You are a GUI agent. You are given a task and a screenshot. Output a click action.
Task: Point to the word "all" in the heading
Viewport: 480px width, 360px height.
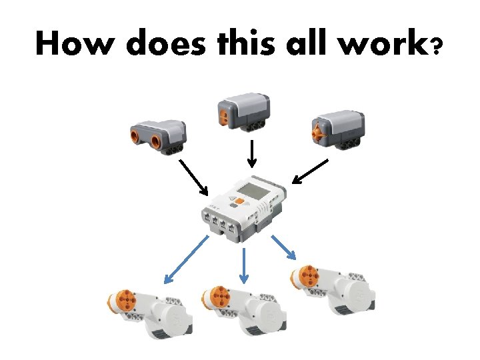click(307, 44)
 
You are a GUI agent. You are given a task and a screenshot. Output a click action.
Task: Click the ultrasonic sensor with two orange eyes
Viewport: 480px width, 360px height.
click(156, 134)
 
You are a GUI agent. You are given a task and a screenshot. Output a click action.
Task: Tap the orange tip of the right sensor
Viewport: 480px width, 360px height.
click(319, 129)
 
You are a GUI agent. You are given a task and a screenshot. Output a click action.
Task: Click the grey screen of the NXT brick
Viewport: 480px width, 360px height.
click(255, 191)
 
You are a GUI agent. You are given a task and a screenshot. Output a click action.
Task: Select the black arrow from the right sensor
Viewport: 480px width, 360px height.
click(311, 171)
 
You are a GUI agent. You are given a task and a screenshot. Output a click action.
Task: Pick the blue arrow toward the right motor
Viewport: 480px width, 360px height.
click(283, 247)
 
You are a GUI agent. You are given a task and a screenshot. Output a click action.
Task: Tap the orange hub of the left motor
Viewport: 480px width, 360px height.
click(123, 302)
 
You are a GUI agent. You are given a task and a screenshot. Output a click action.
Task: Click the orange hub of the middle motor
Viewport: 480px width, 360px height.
click(218, 297)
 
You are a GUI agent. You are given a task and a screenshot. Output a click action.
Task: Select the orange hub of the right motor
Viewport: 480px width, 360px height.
click(307, 276)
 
